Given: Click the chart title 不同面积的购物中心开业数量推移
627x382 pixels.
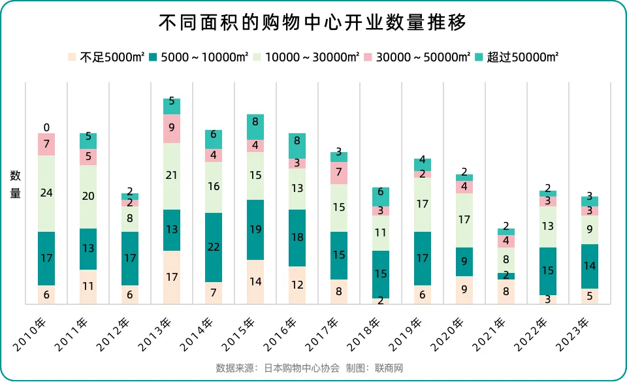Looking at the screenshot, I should point(313,23).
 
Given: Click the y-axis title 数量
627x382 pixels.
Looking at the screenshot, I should point(15,184).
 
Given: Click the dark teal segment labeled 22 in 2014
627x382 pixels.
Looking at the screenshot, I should point(214,247).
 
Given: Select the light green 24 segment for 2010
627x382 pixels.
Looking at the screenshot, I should point(46,193).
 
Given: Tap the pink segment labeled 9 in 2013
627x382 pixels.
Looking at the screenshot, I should point(172,129).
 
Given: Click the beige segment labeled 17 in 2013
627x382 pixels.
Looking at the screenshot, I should point(172,277).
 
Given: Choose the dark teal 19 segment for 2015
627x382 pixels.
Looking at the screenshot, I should point(255,230).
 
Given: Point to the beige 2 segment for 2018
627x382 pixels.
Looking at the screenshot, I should point(381,301).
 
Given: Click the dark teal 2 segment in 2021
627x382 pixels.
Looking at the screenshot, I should point(506,276).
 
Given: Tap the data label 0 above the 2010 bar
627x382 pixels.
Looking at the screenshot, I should point(46,127).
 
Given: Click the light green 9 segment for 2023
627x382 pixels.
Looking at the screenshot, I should point(590,230).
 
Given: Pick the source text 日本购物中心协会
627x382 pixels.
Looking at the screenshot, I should point(302,368).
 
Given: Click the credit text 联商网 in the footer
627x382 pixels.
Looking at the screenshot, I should point(389,368).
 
